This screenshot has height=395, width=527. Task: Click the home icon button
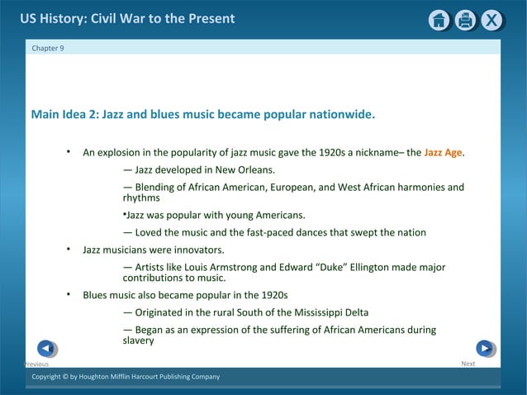439,21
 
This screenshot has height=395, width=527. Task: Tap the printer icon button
466,21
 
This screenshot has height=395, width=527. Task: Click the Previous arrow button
47,349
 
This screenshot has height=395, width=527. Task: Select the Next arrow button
485,349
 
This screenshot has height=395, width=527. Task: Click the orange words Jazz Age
443,153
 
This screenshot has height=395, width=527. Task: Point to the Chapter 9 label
47,48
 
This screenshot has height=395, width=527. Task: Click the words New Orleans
245,170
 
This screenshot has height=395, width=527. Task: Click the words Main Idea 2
63,114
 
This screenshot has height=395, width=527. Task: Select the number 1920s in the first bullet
337,153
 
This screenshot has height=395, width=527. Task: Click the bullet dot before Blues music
69,294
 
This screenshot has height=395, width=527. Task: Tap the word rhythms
141,198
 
